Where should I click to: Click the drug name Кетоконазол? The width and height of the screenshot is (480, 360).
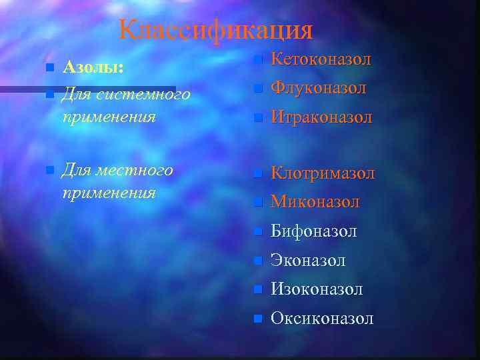click(321, 59)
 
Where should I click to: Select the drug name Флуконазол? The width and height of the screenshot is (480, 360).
click(318, 88)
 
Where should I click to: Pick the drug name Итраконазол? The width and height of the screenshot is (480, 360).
click(321, 118)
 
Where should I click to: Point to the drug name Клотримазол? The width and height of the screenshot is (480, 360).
click(323, 173)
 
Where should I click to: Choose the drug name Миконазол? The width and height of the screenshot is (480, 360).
click(315, 202)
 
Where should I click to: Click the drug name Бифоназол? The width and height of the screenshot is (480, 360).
click(313, 231)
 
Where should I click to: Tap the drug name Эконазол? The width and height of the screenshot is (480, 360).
click(308, 261)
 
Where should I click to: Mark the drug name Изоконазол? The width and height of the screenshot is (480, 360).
click(317, 289)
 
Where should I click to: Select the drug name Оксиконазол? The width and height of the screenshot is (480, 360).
click(322, 319)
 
